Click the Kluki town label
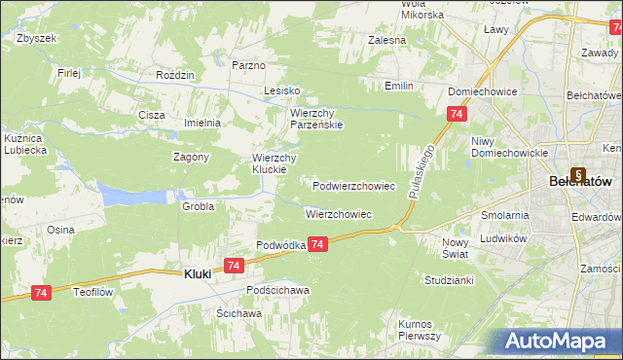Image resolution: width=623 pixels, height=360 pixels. click(x=200, y=274)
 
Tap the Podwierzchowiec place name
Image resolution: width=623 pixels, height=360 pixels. click(x=353, y=185)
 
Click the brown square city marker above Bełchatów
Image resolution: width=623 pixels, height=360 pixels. click(x=579, y=165)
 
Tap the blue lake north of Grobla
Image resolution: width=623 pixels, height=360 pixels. click(x=128, y=197)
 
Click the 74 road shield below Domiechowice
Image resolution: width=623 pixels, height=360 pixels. click(x=457, y=115)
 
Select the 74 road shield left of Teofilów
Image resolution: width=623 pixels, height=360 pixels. click(x=40, y=292)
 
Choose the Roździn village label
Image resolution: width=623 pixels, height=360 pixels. click(x=176, y=74)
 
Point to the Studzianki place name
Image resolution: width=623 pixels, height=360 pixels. click(x=448, y=279)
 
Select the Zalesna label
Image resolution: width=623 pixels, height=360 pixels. click(x=385, y=41)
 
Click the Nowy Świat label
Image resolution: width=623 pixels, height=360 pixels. click(x=455, y=247)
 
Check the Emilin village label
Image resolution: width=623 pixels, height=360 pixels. click(x=398, y=87)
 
